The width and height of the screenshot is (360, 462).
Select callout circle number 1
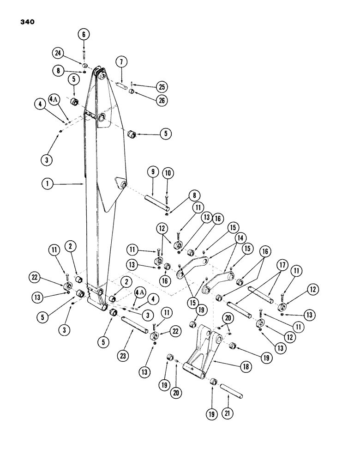point(47,183)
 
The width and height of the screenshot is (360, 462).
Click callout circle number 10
point(168,174)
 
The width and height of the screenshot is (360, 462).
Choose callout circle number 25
point(162,86)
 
